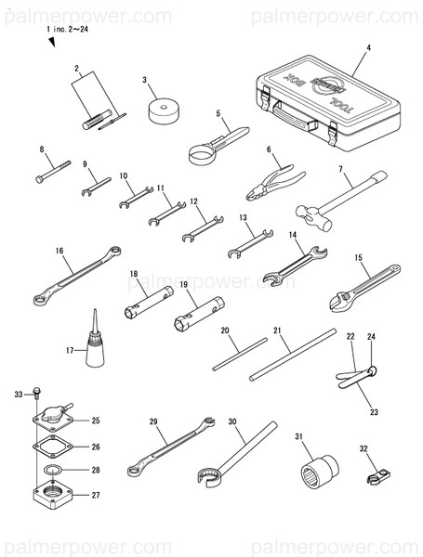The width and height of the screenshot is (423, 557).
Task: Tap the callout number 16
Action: coord(59,250)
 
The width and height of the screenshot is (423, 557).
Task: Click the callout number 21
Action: coord(277,330)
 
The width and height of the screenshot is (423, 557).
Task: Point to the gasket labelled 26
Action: coord(55,446)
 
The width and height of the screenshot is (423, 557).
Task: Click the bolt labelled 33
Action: coord(34,393)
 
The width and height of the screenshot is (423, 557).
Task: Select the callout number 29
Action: coord(154,422)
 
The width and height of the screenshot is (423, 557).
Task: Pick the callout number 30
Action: coord(233,421)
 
